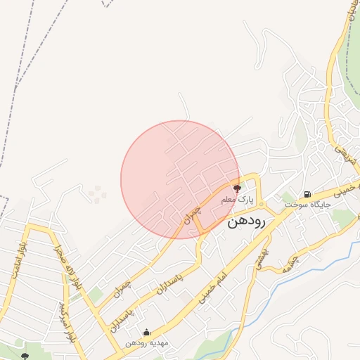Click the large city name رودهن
coord(245,221)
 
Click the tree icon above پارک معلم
coord(237,188)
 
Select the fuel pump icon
coord(307,194)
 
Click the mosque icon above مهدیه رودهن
coord(146,333)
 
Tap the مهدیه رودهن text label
coord(146,343)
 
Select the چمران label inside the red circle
coord(192,214)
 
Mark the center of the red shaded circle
coord(180,179)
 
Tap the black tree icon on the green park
coord(26,356)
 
